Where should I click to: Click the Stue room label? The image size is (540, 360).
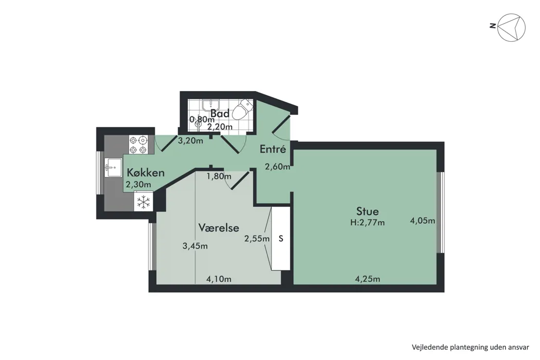click(x=368, y=211)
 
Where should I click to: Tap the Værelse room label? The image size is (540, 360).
click(x=219, y=227)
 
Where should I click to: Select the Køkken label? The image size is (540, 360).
click(x=146, y=172)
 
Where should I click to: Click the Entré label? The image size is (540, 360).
click(x=273, y=149)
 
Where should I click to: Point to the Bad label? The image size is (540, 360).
click(x=220, y=113)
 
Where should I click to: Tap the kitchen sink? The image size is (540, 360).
click(x=113, y=167)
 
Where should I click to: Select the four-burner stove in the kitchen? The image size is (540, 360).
click(x=138, y=145)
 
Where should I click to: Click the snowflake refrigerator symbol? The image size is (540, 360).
click(x=143, y=202)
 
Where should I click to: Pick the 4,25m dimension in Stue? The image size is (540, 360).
click(x=368, y=279)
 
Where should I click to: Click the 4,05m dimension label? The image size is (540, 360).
click(x=423, y=221)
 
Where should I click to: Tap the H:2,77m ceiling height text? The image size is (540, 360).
click(x=368, y=223)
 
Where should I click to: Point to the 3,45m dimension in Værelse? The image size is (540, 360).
click(x=195, y=246)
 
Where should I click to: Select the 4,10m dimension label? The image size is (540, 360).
click(x=219, y=279)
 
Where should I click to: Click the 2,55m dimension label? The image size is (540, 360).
click(x=257, y=239)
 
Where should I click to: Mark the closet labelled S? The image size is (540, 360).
click(x=281, y=239)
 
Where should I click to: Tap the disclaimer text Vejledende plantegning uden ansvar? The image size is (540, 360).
click(x=471, y=347)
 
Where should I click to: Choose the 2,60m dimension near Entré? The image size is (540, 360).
click(x=277, y=167)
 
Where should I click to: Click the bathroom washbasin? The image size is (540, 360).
click(x=210, y=105)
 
